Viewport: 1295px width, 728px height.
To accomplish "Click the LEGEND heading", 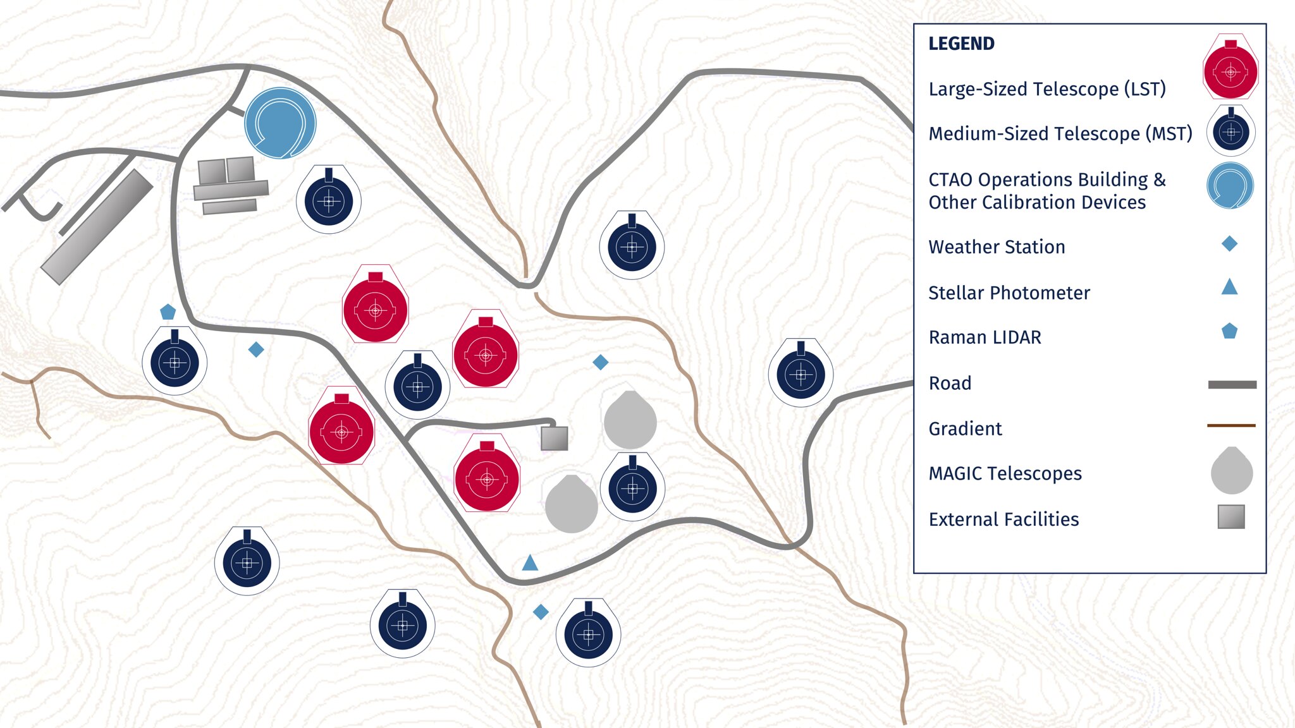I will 961,44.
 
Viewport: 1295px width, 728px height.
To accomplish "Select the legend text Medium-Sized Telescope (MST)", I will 1060,134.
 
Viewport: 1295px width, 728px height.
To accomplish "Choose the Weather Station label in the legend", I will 997,247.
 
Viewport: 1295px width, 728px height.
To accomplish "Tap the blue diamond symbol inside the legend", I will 1229,244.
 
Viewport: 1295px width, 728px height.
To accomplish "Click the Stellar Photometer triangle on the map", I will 530,562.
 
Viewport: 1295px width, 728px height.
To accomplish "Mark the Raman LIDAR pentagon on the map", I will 168,312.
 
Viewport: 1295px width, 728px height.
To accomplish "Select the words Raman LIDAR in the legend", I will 985,337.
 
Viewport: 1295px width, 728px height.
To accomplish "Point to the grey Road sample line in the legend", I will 1232,384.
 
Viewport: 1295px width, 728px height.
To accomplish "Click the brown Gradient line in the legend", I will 1231,425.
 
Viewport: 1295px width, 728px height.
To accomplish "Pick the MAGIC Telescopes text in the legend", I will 1005,473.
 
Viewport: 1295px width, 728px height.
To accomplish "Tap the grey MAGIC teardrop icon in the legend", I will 1231,471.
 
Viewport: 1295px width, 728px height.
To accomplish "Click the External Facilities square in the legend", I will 1231,516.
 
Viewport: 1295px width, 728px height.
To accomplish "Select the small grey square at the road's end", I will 555,438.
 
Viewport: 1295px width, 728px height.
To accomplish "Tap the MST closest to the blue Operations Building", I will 329,200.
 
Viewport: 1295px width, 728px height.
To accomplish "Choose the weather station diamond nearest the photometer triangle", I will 541,612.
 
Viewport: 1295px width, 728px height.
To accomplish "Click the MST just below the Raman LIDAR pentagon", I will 175,362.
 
